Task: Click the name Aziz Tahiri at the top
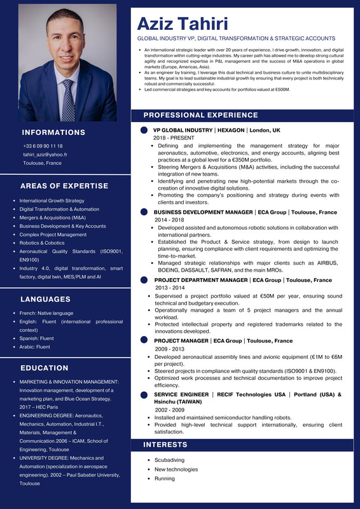[x=183, y=24]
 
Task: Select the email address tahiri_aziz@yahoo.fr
[x=45, y=155]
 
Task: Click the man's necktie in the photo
[x=68, y=99]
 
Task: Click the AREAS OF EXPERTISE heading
[x=64, y=186]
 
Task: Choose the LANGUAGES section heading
[x=45, y=299]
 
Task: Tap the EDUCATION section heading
[x=44, y=368]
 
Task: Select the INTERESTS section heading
[x=165, y=444]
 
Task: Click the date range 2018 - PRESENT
[x=174, y=138]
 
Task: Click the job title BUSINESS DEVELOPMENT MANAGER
[x=203, y=212]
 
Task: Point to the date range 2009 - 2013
[x=170, y=349]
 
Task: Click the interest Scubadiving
[x=170, y=460]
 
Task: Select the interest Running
[x=165, y=478]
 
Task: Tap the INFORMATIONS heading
[x=53, y=132]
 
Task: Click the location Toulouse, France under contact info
[x=43, y=164]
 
